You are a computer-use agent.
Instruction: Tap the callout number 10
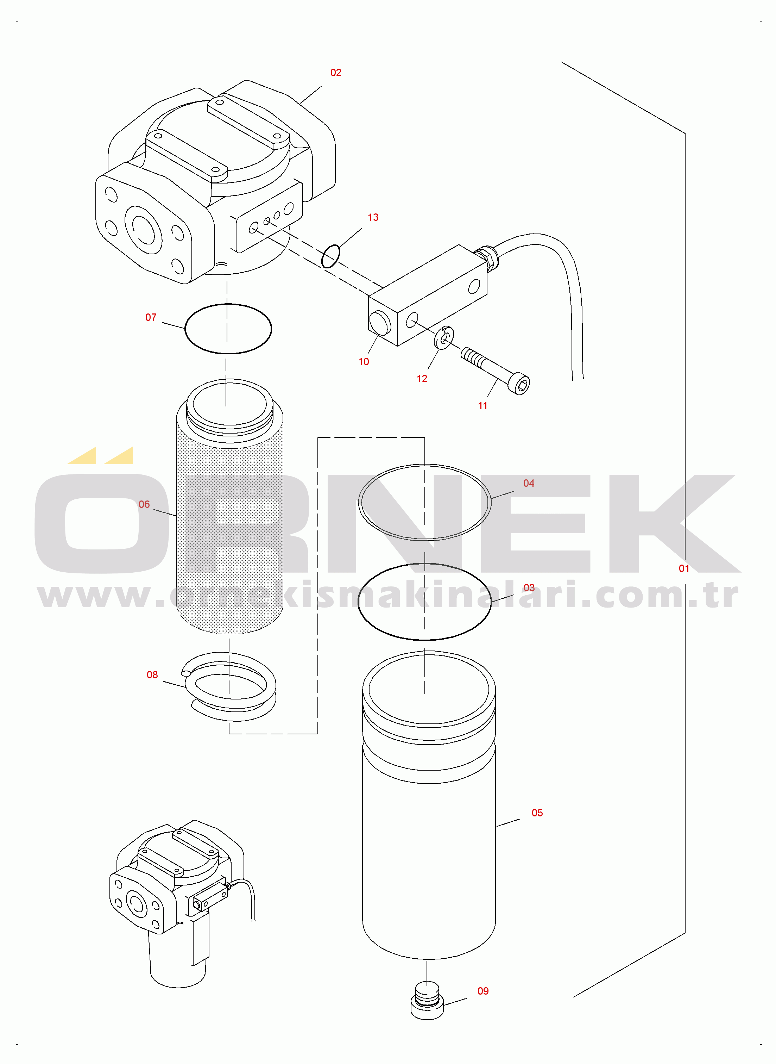364,362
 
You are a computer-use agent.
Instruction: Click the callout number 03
529,588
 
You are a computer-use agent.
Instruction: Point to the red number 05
537,813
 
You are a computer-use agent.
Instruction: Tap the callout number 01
684,569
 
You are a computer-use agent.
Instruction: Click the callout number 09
483,991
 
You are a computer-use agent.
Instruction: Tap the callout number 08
152,675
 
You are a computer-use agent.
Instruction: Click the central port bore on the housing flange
144,230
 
